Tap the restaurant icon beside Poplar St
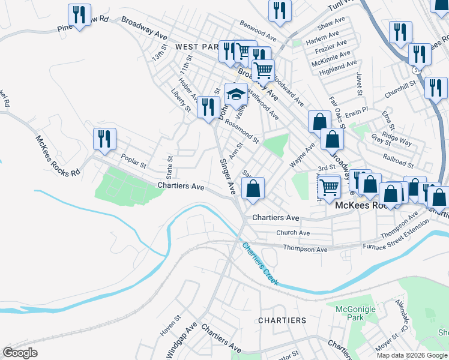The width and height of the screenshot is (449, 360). coord(104,139)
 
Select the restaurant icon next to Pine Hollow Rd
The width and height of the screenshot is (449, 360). coord(79,16)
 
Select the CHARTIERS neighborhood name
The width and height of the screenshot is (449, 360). coord(282,320)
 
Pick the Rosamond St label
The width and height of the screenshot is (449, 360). coord(242,133)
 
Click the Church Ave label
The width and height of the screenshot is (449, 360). coord(293,233)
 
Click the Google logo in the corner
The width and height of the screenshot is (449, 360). coord(20,353)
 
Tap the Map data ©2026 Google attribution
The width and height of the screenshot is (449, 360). coord(412,355)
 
